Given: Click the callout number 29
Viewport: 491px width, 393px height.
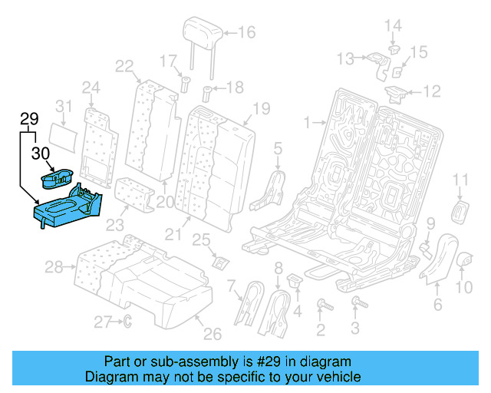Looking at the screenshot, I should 28,119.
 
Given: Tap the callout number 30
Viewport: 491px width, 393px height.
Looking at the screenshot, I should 40,153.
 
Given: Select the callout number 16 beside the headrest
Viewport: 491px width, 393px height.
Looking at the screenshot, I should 246,32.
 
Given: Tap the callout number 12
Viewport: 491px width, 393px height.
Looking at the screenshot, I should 433,92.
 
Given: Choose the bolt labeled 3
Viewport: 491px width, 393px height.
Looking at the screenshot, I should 354,305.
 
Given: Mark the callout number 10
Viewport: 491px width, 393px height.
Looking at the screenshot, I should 466,288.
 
